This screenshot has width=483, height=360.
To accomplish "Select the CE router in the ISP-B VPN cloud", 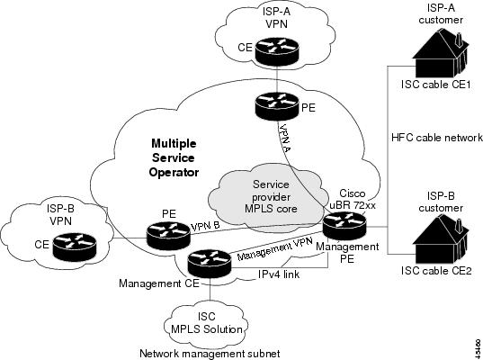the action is tap(75, 247).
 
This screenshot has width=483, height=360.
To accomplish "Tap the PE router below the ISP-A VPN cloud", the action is tap(277, 105).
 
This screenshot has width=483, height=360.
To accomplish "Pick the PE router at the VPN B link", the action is tap(168, 236).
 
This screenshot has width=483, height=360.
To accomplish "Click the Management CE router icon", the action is tap(210, 264).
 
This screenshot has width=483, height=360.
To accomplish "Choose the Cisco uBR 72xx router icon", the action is tap(344, 226).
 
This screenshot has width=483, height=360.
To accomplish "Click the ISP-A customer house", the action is tap(441, 54).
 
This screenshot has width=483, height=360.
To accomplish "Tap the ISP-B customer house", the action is tap(441, 238).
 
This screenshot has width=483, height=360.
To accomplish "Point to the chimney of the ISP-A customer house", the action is tap(459, 40).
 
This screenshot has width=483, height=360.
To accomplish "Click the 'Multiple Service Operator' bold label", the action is tap(174, 157).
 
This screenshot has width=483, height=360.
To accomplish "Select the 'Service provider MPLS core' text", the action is tap(271, 196).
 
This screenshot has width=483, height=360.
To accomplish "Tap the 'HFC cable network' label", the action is tap(437, 137).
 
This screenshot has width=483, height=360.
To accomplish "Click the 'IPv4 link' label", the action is tap(279, 274).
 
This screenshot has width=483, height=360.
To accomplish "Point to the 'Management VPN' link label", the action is tap(275, 248).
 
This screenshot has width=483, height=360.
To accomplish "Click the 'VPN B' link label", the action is tap(205, 226).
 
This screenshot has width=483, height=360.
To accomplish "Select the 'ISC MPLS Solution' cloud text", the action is tap(207, 323).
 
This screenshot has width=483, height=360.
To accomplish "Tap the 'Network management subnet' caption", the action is tap(210, 353).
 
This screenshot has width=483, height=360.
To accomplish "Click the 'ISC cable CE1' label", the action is tap(436, 84).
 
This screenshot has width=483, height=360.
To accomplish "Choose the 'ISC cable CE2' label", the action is tap(436, 270).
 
